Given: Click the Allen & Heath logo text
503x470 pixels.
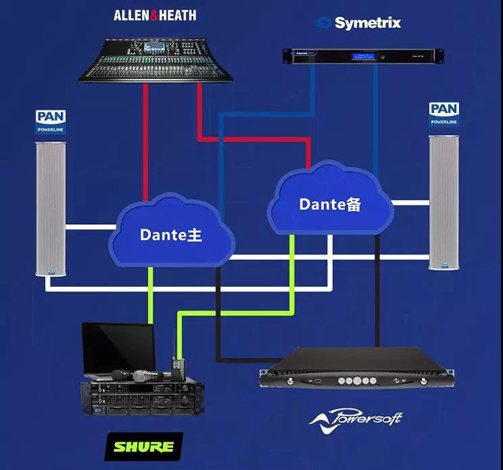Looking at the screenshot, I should click(154, 15).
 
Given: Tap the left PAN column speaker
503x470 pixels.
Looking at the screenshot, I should click(50, 209).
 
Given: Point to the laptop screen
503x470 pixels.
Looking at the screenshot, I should click(118, 347).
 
